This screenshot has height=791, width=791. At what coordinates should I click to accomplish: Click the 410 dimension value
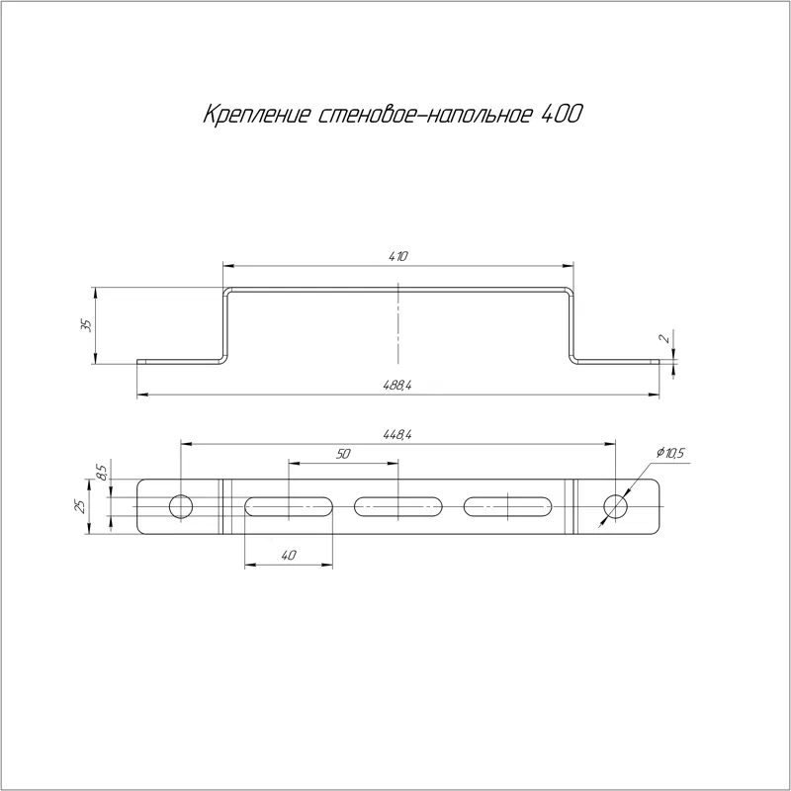pyautogui.click(x=397, y=256)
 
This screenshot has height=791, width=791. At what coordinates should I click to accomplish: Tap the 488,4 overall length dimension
pyautogui.click(x=397, y=386)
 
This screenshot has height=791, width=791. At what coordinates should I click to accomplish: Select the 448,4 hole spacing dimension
pyautogui.click(x=397, y=434)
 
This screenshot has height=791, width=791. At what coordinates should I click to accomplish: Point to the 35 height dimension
pyautogui.click(x=87, y=325)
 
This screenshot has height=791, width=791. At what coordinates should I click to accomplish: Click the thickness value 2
pyautogui.click(x=666, y=338)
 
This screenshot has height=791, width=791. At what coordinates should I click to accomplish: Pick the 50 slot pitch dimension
pyautogui.click(x=342, y=454)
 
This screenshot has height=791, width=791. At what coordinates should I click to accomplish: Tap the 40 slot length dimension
pyautogui.click(x=288, y=556)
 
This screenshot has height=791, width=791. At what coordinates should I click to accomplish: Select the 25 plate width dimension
pyautogui.click(x=80, y=507)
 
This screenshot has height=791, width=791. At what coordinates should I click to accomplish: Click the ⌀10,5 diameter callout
pyautogui.click(x=670, y=454)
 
